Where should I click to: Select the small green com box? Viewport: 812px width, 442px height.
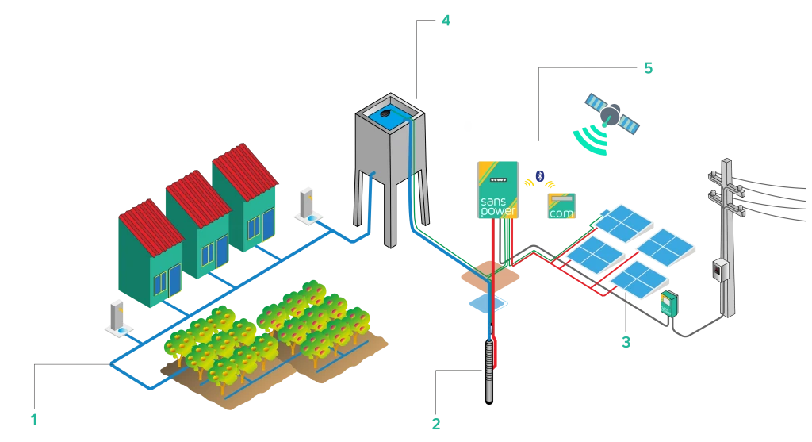coord(561,206)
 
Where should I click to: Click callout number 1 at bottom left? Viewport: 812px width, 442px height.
coord(33,417)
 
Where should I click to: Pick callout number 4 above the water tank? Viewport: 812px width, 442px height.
coord(445,21)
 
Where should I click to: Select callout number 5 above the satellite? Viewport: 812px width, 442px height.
coord(647,67)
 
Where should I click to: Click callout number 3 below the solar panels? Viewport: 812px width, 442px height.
coord(626,342)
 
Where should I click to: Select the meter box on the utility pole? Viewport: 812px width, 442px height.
coord(720,271)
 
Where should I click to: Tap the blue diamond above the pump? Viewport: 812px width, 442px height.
coord(488,305)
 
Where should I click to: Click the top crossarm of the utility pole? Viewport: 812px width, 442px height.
coord(725,175)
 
